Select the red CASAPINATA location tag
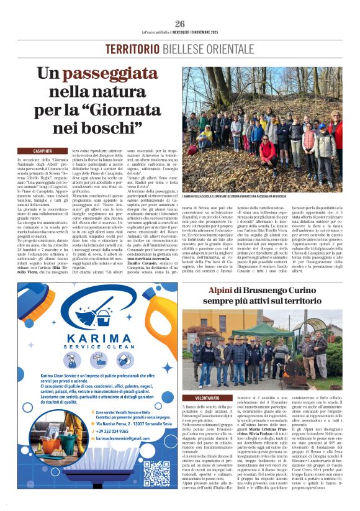pyautogui.click(x=42, y=151)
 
